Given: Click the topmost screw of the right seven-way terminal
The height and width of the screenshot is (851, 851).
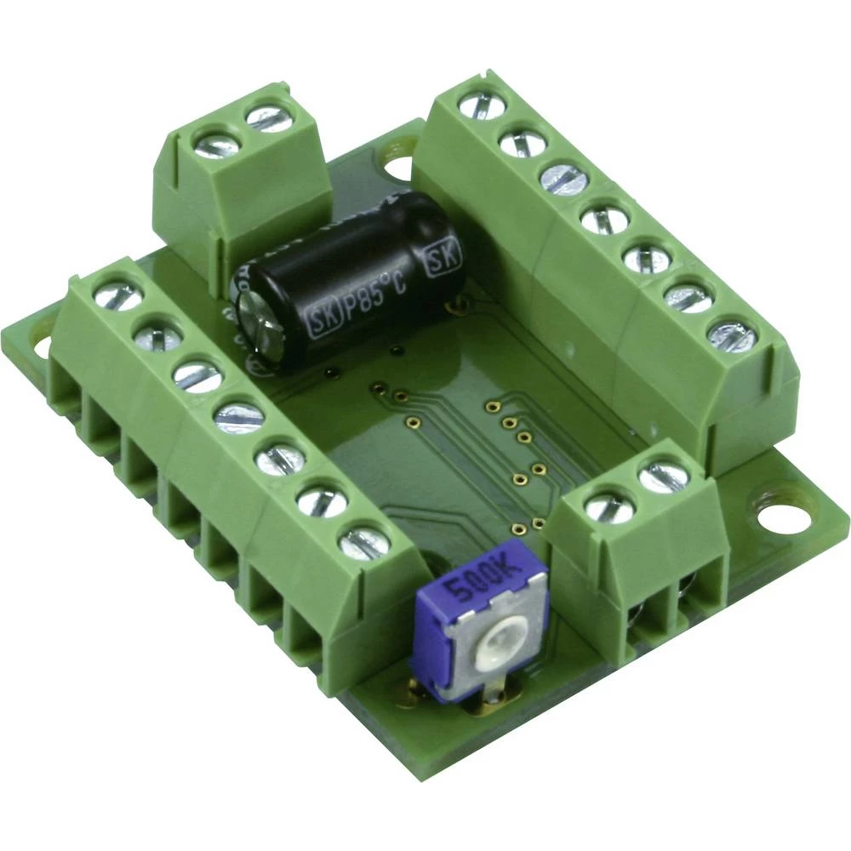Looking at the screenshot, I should point(482,106).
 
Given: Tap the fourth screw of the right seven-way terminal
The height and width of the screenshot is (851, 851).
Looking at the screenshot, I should point(605,220).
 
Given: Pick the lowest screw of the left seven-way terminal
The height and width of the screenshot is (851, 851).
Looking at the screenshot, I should point(363,542).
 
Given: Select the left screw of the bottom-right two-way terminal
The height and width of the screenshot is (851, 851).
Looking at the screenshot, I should point(610,508).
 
